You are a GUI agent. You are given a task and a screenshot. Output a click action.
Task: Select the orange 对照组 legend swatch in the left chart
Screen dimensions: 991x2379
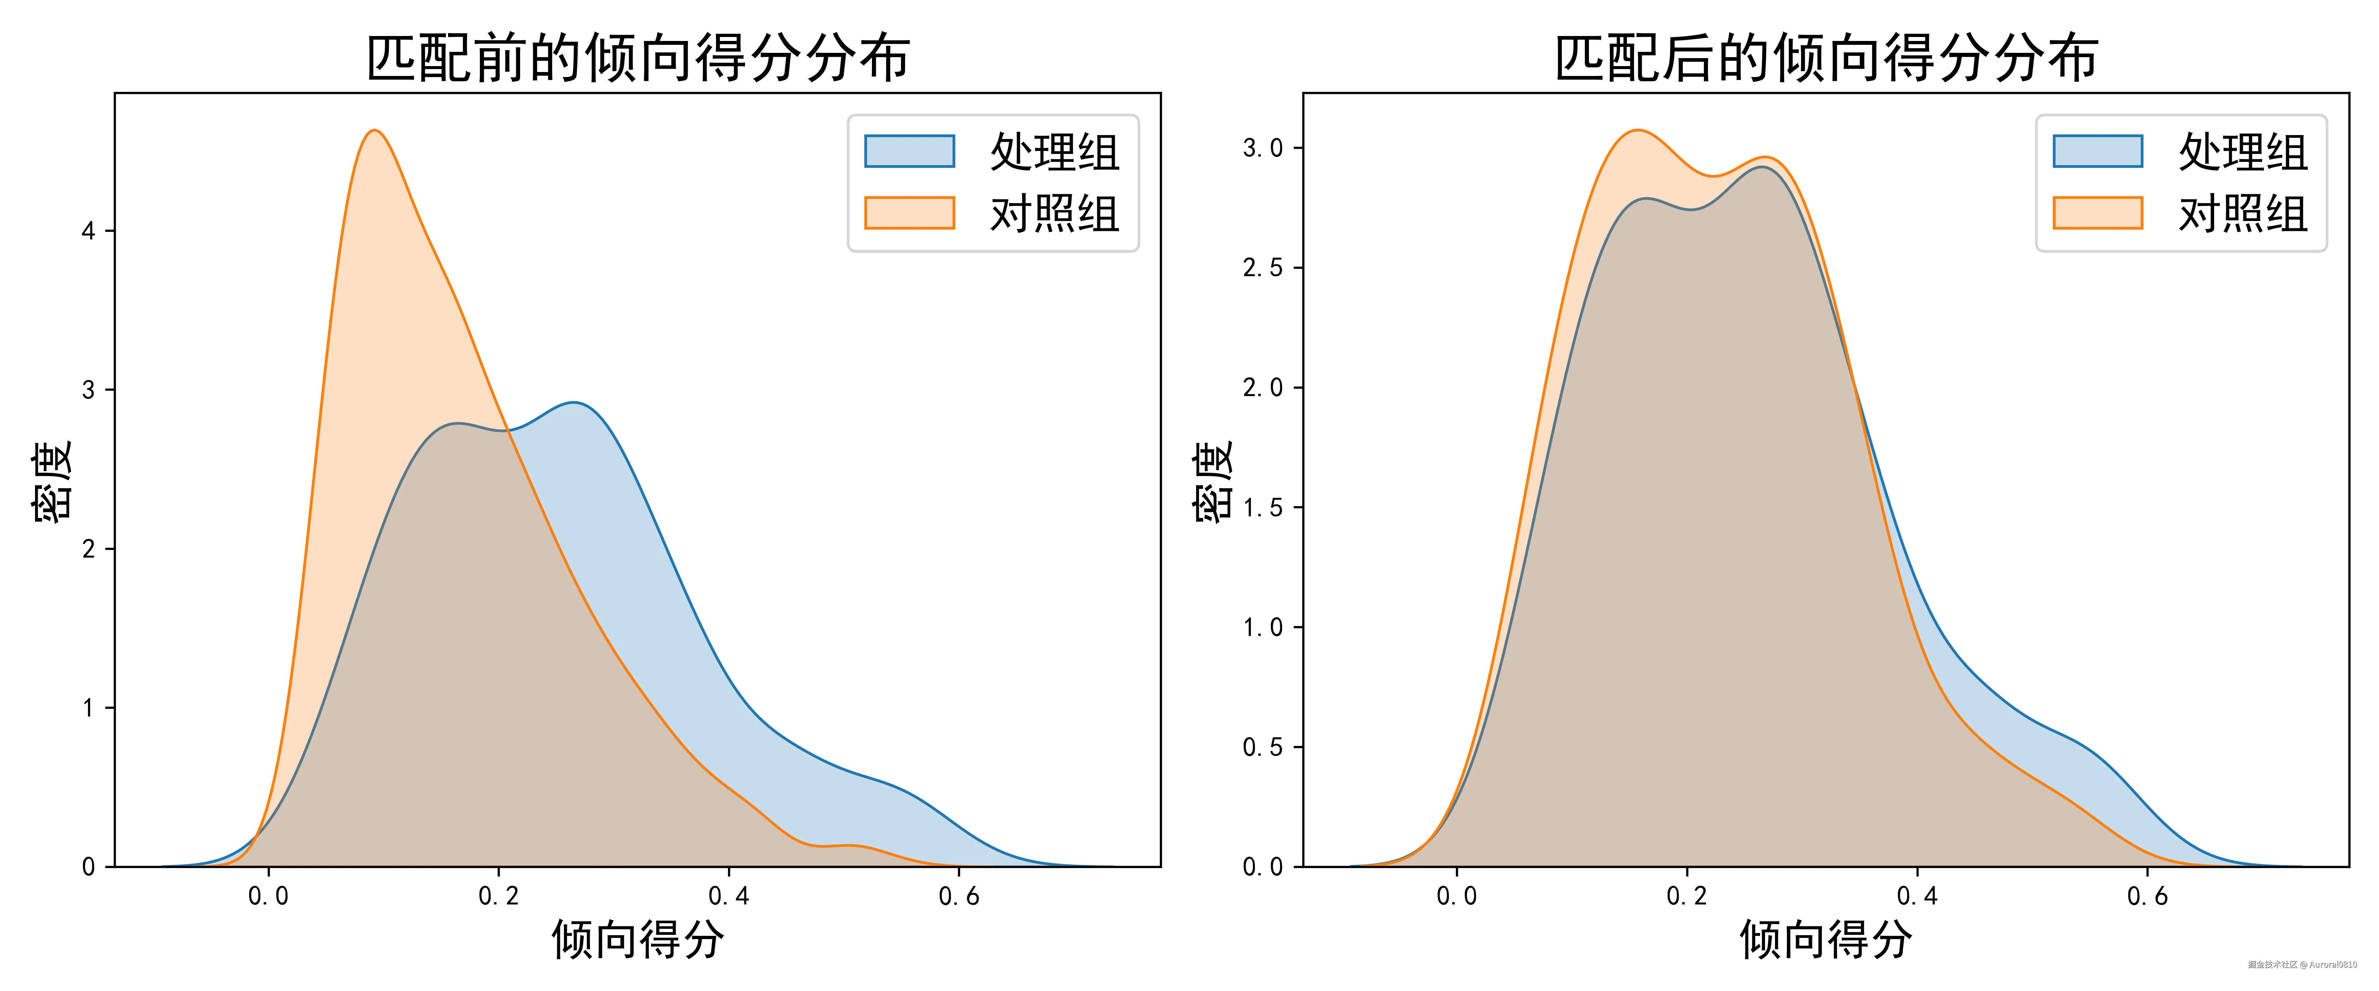pyautogui.click(x=909, y=212)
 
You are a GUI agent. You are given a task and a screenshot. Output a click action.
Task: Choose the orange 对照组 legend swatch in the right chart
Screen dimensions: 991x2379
pyautogui.click(x=2097, y=212)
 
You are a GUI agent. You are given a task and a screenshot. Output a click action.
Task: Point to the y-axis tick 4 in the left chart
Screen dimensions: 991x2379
pyautogui.click(x=89, y=231)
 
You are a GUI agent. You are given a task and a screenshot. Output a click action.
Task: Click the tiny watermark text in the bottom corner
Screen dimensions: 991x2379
pyautogui.click(x=2301, y=964)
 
